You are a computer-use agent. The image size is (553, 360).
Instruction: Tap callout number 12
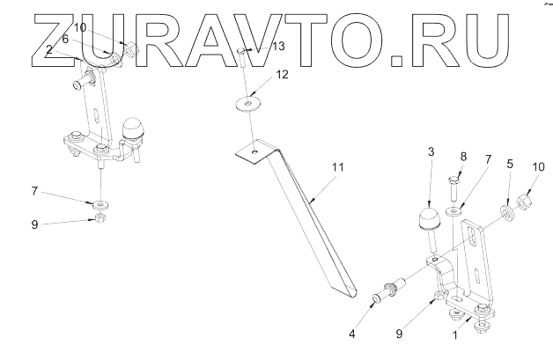tap(281, 77)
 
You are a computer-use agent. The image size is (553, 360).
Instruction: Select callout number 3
tap(431, 152)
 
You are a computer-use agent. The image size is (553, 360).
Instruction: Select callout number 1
tap(454, 335)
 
